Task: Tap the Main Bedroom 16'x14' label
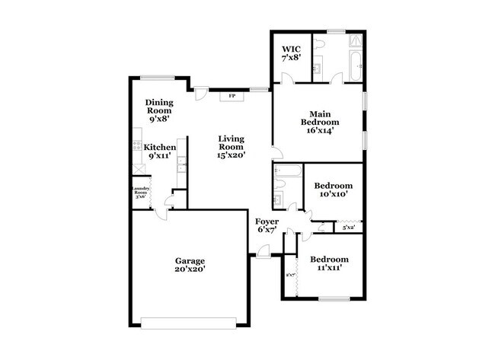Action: (x=318, y=122)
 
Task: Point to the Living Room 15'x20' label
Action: (x=231, y=146)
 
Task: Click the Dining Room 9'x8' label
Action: (x=159, y=110)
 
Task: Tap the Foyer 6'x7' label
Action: (x=267, y=225)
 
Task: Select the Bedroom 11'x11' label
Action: (x=330, y=263)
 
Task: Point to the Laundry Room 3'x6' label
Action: (x=141, y=193)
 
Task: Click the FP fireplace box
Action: (x=232, y=96)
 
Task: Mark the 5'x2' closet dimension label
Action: (x=348, y=227)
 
